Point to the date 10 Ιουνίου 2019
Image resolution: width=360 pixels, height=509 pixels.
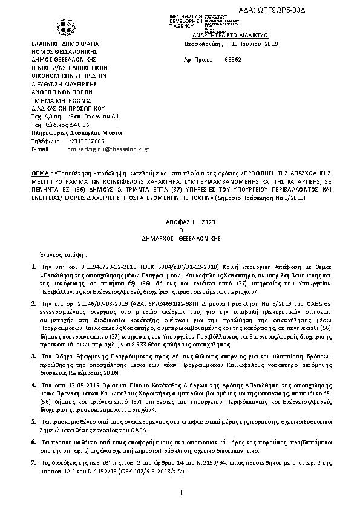(255, 45)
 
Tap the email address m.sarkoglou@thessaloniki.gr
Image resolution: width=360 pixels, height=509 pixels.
(110, 149)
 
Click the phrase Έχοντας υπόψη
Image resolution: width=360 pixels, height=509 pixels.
(63, 255)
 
